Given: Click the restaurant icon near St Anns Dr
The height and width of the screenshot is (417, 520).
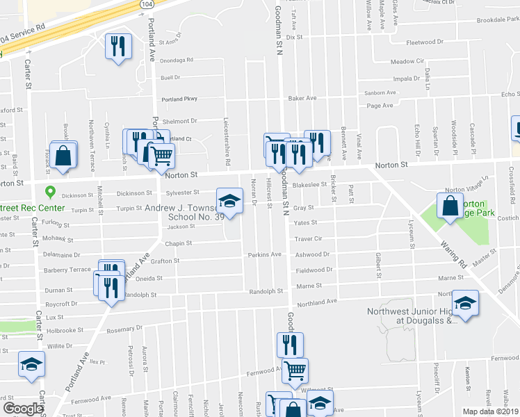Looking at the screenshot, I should (x=117, y=47).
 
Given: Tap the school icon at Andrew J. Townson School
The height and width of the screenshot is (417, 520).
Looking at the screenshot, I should (x=229, y=202).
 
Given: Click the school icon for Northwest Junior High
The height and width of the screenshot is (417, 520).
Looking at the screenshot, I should (x=466, y=303).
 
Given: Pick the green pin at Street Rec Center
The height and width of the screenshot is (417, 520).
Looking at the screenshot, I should (x=49, y=192).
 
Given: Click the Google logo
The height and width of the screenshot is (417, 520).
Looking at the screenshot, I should (x=23, y=409).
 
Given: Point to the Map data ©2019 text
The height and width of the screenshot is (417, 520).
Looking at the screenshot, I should (x=489, y=411).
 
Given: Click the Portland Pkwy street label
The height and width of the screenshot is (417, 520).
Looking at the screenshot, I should (x=179, y=99).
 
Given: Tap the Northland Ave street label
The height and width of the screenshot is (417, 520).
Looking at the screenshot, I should (x=316, y=302).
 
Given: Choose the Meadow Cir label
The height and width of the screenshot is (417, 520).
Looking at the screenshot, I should (x=407, y=61).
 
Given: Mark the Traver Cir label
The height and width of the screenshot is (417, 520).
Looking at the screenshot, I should (x=308, y=238).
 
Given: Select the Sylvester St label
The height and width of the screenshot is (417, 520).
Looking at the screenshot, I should (x=182, y=193).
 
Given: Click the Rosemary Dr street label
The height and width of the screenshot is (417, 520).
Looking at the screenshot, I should (x=125, y=327).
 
